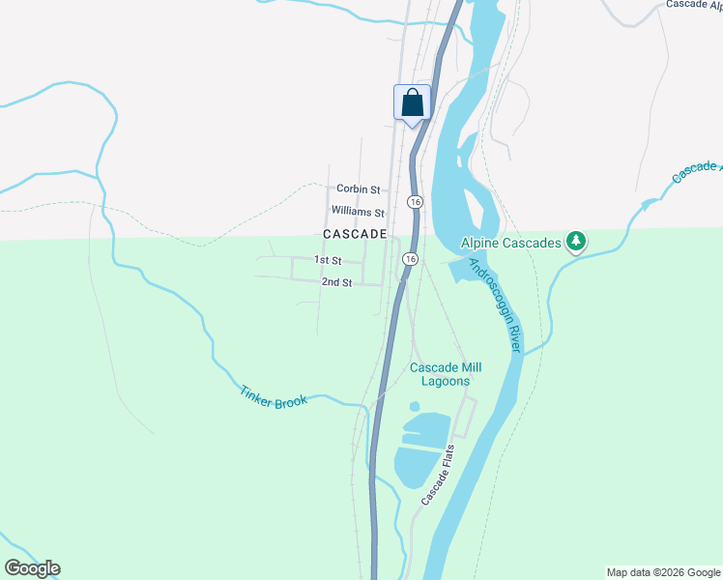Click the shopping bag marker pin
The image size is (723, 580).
(x=412, y=102)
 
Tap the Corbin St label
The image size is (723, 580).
(x=358, y=189)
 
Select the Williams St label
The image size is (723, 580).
(x=358, y=211)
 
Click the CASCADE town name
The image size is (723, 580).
(x=355, y=235)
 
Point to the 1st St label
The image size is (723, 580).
(x=329, y=260)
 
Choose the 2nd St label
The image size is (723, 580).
(x=336, y=281)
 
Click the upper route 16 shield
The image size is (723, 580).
(x=415, y=201)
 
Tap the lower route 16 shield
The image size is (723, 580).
(x=410, y=259)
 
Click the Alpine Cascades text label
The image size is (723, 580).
(x=511, y=243)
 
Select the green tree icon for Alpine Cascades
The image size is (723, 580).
(x=576, y=240)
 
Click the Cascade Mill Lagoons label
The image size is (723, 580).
(x=446, y=374)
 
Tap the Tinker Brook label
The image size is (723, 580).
(x=274, y=395)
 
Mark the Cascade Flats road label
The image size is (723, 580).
(x=438, y=476)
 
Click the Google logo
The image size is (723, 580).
(x=32, y=568)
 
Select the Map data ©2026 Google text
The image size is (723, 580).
(x=664, y=572)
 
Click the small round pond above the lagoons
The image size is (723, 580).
(x=415, y=406)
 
